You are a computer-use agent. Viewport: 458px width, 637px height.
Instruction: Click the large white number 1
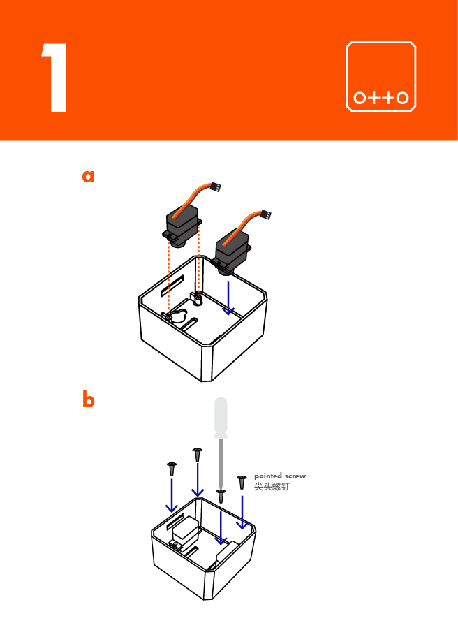pyautogui.click(x=56, y=78)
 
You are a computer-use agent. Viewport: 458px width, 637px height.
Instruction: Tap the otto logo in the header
pyautogui.click(x=381, y=77)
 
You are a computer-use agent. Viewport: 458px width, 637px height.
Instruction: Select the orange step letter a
pyautogui.click(x=88, y=176)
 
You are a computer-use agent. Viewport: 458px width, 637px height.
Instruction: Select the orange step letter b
pyautogui.click(x=88, y=400)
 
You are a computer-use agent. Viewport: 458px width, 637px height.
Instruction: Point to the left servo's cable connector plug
pyautogui.click(x=216, y=187)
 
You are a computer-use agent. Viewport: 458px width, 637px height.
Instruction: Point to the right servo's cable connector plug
pyautogui.click(x=265, y=214)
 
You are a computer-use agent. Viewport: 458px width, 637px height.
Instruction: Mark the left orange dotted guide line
pyautogui.click(x=168, y=279)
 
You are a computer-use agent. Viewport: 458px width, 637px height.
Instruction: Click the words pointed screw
pyautogui.click(x=279, y=476)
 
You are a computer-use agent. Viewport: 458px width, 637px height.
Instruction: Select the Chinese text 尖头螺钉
pyautogui.click(x=272, y=486)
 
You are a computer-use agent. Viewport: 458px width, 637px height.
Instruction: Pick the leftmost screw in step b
pyautogui.click(x=171, y=469)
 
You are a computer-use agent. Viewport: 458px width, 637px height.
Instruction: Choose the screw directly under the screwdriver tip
pyautogui.click(x=221, y=496)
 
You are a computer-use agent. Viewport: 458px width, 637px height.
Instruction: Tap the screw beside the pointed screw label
pyautogui.click(x=242, y=482)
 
